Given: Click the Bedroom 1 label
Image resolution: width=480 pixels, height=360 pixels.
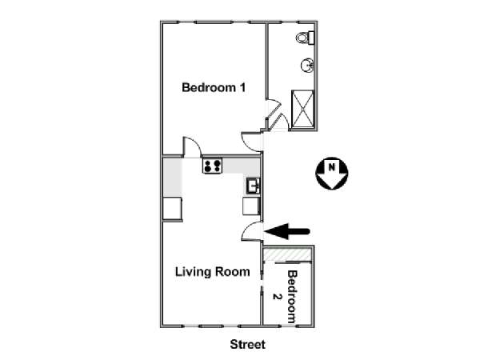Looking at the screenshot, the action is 214,87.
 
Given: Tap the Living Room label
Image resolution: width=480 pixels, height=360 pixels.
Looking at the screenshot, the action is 213,272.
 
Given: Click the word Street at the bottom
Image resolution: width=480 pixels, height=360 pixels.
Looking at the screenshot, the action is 248,344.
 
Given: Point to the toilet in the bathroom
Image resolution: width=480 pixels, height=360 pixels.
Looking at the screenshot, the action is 306,38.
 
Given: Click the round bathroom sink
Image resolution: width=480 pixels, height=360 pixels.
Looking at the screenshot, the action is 307,66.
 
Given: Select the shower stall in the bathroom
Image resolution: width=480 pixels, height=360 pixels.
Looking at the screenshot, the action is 303,109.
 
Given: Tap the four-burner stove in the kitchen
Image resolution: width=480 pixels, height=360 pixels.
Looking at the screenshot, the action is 212,166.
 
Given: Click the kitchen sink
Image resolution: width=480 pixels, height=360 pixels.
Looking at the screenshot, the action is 253,186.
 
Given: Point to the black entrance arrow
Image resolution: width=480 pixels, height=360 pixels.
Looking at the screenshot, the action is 287,231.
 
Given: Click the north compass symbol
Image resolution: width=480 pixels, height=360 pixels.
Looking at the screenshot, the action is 332,174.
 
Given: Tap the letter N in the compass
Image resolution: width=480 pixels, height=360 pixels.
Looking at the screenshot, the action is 331,167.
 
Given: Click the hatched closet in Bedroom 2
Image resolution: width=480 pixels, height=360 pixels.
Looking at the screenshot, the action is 287,254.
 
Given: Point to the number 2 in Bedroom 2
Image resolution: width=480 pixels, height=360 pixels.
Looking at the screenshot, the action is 277,297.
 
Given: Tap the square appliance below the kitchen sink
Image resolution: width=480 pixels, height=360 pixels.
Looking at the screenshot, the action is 251,206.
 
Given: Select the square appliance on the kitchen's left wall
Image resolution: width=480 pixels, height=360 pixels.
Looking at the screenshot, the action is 172,209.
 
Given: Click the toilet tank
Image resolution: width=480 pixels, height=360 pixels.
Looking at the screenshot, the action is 312,38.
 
